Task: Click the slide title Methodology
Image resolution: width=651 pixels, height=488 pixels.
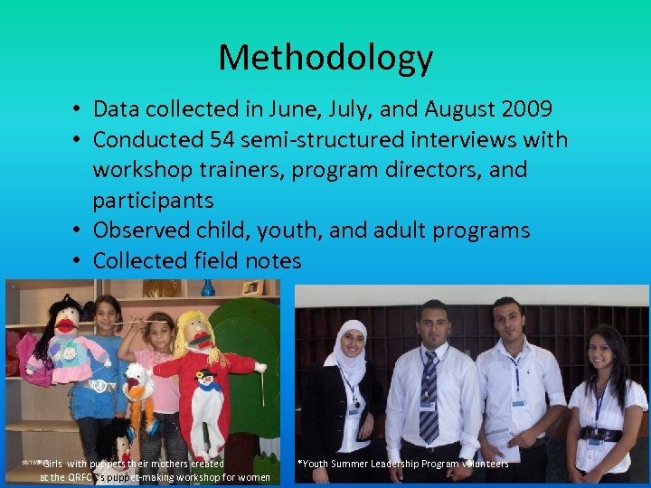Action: tap(325, 58)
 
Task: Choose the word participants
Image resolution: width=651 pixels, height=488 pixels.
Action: tap(153, 200)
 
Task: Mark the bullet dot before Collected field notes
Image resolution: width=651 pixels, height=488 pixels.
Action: tap(80, 261)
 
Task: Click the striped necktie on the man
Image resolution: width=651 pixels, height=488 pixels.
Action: tap(429, 398)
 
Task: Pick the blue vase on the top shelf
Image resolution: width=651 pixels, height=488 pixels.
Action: tap(208, 287)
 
